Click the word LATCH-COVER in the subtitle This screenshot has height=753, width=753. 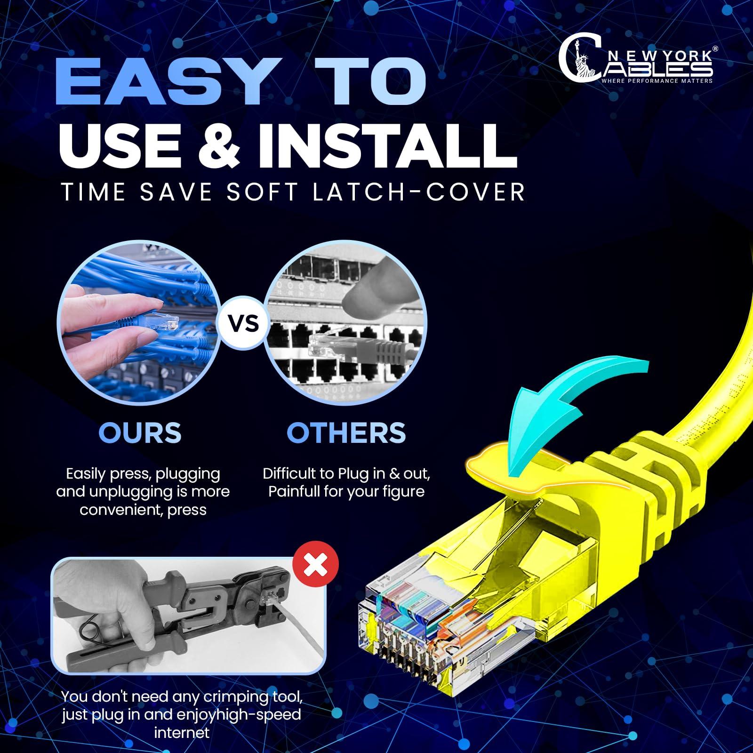click(x=419, y=192)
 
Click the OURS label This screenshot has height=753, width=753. click(x=140, y=433)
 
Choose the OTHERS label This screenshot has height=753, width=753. click(x=346, y=433)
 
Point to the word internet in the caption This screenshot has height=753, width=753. click(x=182, y=733)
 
